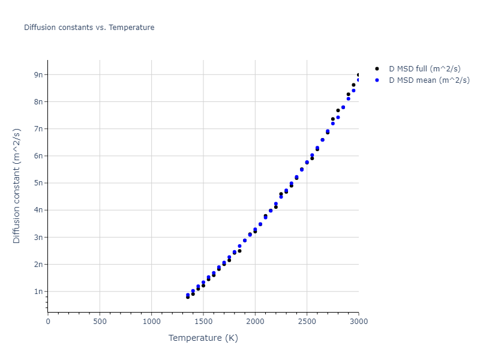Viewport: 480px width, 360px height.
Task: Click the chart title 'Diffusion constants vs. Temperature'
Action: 89,28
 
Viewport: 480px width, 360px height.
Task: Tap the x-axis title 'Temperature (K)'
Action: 203,338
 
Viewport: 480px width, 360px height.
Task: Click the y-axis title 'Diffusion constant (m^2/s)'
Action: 17,185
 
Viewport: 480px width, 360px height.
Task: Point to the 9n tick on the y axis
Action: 39,74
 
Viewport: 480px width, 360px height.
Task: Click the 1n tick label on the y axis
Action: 39,292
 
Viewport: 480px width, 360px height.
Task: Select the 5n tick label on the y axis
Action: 39,183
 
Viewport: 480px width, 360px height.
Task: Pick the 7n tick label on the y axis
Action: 39,129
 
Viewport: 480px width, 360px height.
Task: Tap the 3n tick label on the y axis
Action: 39,238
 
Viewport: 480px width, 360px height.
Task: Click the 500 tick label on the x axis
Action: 100,322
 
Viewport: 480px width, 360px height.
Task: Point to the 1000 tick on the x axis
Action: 151,322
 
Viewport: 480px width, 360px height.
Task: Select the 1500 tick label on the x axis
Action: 203,322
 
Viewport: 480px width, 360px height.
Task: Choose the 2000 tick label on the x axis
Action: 255,322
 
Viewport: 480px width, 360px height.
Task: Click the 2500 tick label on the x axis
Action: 307,322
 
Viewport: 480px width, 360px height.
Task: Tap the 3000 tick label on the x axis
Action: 358,322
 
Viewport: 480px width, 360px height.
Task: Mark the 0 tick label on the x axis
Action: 48,322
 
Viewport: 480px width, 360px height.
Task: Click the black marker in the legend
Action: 377,68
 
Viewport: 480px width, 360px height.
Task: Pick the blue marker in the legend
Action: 377,80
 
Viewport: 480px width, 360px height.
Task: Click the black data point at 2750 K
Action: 333,119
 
